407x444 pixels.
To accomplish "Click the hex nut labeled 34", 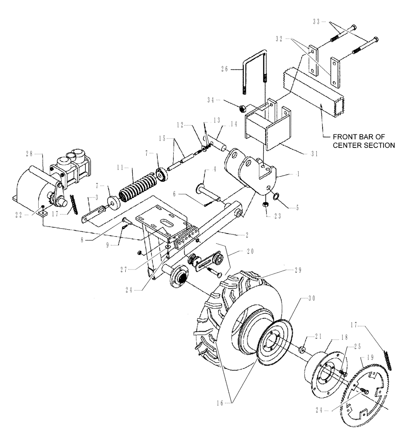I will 243,108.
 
